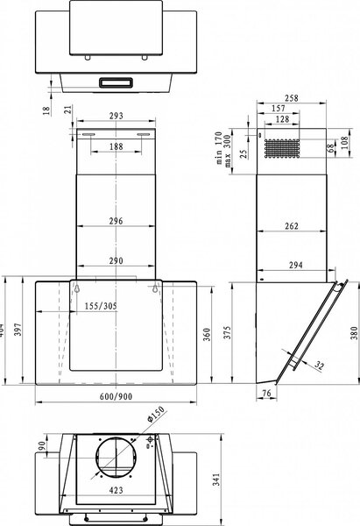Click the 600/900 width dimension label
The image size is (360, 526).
click(x=116, y=396)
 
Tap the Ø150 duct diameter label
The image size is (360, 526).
click(x=156, y=414)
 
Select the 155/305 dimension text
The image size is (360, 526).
click(x=101, y=306)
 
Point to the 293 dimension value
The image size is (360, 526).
click(x=116, y=116)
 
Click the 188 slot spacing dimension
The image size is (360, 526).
click(x=116, y=146)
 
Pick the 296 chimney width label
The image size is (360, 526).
click(x=116, y=221)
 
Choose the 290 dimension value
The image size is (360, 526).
click(x=116, y=260)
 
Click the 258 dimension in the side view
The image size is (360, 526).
click(x=292, y=98)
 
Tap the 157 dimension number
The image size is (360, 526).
click(x=279, y=109)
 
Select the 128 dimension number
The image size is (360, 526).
click(x=282, y=119)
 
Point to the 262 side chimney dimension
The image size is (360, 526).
click(x=292, y=226)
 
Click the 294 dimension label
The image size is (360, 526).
click(x=296, y=265)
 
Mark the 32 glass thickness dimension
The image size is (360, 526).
click(x=320, y=366)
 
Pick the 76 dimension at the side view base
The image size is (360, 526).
click(x=266, y=393)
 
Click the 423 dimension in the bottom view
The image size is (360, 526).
click(x=116, y=490)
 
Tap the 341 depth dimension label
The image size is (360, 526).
click(x=217, y=480)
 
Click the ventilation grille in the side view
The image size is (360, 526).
click(x=281, y=148)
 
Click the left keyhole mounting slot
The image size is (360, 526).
click(x=77, y=288)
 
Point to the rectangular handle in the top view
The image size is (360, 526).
click(x=116, y=82)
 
